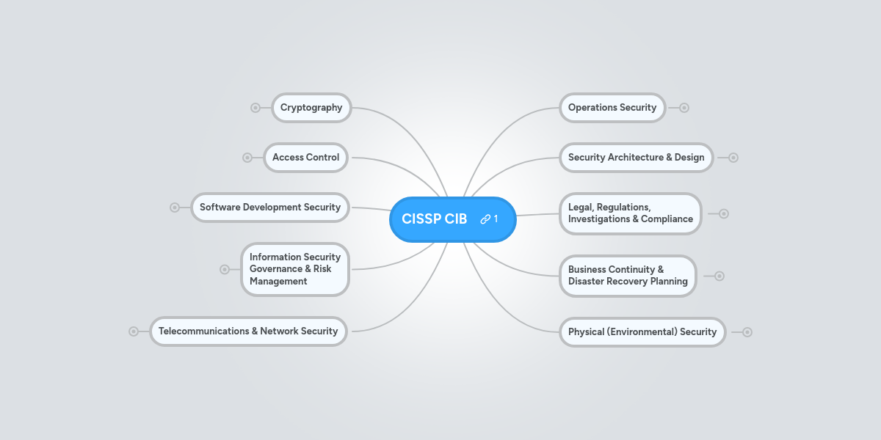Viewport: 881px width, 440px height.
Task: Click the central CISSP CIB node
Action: [435, 219]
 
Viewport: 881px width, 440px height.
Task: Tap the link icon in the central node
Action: [485, 219]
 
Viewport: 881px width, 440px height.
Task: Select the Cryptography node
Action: [311, 108]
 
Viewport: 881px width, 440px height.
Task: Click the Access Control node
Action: [305, 158]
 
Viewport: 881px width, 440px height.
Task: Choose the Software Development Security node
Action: [269, 208]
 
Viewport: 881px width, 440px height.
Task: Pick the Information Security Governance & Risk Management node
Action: [294, 269]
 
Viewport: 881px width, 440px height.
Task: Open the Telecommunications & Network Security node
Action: [248, 331]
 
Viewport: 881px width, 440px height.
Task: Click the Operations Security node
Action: [612, 108]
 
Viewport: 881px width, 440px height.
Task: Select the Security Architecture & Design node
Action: [636, 158]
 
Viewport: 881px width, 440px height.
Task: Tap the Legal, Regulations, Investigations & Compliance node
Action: [630, 213]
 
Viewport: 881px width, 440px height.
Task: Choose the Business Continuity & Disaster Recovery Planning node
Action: [627, 276]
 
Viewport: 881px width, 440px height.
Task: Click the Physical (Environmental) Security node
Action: [642, 332]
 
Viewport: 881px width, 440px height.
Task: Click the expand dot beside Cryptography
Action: [255, 108]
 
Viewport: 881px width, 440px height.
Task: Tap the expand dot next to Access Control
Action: [247, 158]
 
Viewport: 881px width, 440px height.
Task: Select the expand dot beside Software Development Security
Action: [175, 208]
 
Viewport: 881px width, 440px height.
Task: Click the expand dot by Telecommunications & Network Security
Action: [134, 331]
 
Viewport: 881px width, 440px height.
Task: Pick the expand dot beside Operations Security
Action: [684, 108]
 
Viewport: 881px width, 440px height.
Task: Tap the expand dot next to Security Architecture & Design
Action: [733, 158]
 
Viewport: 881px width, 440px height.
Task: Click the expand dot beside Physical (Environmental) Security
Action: [747, 332]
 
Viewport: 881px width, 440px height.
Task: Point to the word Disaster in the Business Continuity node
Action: [586, 282]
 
